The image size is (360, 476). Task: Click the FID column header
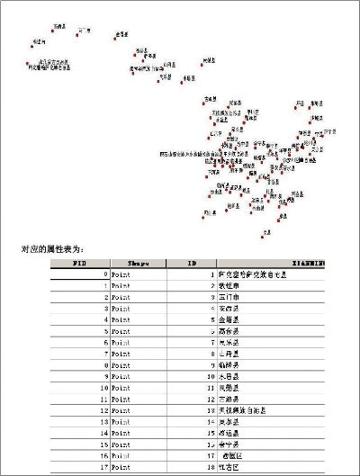pyautogui.click(x=79, y=263)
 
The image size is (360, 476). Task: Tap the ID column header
pyautogui.click(x=191, y=263)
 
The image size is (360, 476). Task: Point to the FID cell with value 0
pyautogui.click(x=106, y=274)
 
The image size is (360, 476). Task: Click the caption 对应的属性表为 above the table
pyautogui.click(x=55, y=248)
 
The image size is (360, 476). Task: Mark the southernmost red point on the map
pyautogui.click(x=263, y=236)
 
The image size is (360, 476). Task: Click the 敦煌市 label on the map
pyautogui.click(x=38, y=41)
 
